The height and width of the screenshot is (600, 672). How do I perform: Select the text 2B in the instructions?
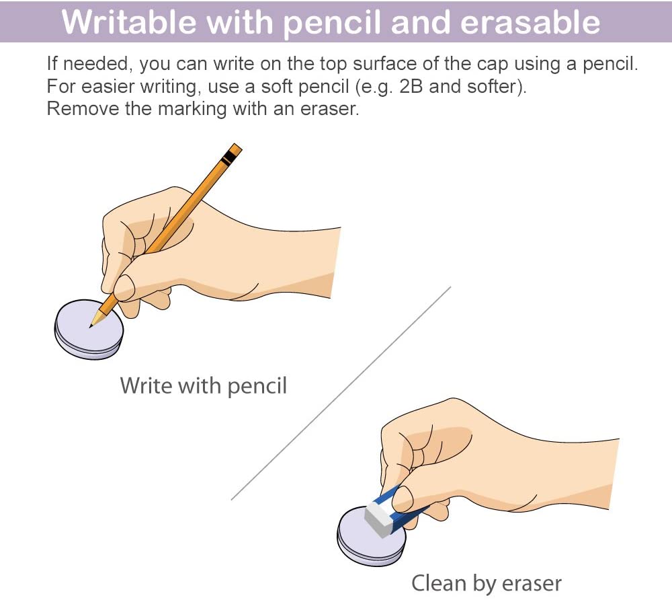click(x=411, y=86)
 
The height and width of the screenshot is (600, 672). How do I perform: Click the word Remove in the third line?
click(x=83, y=108)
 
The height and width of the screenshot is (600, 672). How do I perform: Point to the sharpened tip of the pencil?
click(x=91, y=327)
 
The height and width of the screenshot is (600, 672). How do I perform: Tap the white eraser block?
click(x=379, y=518)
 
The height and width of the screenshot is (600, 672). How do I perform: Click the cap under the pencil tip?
click(x=89, y=330)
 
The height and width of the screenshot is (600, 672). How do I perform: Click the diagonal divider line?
click(x=341, y=393)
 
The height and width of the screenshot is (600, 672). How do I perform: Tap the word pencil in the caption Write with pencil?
click(x=257, y=386)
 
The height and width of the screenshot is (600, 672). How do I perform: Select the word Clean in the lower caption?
click(x=439, y=583)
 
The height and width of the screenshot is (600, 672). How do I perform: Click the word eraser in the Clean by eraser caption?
click(x=532, y=584)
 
